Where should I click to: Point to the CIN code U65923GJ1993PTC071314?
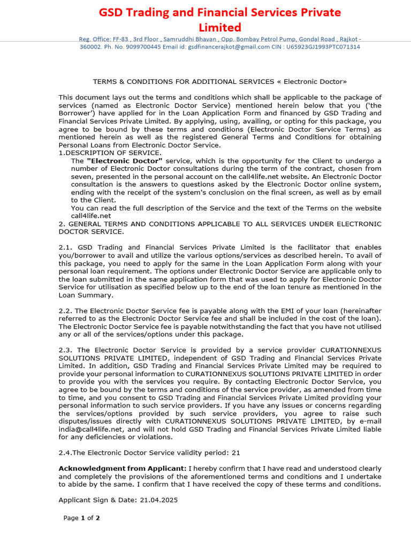[x=323, y=47]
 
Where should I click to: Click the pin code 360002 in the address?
[x=90, y=47]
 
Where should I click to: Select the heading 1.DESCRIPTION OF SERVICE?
[x=110, y=153]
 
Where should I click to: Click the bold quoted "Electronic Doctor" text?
[x=124, y=161]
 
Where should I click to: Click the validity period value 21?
[x=236, y=452]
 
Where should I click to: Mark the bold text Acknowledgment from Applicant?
[x=123, y=468]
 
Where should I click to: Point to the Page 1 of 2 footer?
[x=82, y=518]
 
